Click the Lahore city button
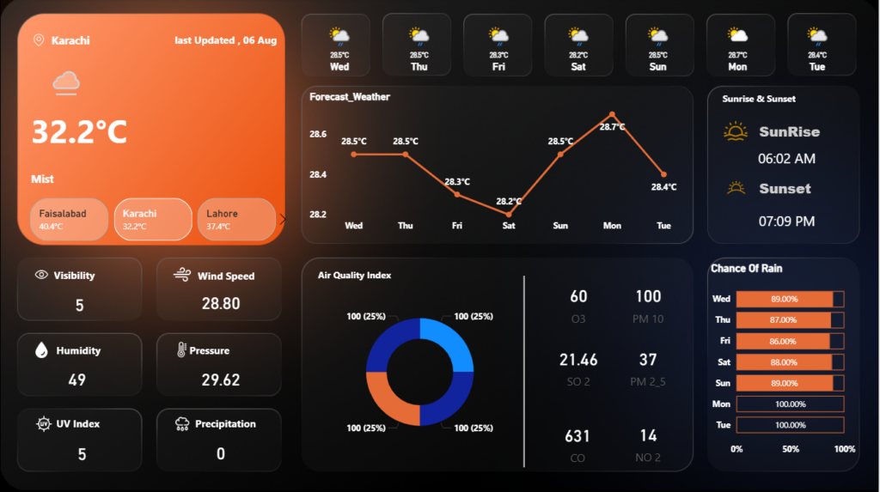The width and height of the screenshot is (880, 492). click(x=236, y=219)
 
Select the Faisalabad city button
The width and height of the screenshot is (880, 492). click(x=69, y=219)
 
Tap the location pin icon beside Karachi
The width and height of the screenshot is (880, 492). click(x=39, y=40)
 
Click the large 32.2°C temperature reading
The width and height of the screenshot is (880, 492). click(x=79, y=132)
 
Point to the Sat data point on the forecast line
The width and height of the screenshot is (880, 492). click(x=509, y=215)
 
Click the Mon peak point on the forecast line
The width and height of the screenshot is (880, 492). click(x=612, y=114)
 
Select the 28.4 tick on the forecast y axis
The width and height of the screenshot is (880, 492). click(x=318, y=174)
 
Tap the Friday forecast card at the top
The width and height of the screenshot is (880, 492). click(x=498, y=45)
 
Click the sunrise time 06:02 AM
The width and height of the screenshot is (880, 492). click(x=786, y=159)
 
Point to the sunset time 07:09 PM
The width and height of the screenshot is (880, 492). click(x=786, y=222)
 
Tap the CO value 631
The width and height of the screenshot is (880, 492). click(x=577, y=436)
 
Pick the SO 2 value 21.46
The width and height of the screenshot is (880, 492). click(x=578, y=360)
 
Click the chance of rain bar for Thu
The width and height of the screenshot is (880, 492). click(x=784, y=320)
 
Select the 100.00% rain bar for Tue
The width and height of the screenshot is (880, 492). click(x=791, y=425)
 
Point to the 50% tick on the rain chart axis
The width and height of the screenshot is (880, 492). click(x=791, y=449)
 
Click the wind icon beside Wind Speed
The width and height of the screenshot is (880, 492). click(x=182, y=274)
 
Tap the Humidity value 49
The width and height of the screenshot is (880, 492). click(x=76, y=380)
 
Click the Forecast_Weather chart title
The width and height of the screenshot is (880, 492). click(x=350, y=97)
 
